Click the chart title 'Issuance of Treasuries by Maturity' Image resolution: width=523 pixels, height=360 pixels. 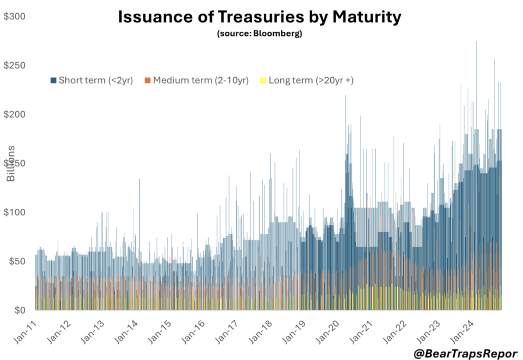coord(260,17)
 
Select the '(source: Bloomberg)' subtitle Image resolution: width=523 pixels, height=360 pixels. coord(259,34)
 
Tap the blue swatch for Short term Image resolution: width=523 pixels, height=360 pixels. coord(53,80)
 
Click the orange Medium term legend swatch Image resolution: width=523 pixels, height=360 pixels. coord(148,80)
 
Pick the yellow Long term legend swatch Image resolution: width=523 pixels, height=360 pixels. coord(263,80)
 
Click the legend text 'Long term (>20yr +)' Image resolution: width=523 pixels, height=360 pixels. coord(311,80)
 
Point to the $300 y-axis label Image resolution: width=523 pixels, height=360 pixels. coord(15,17)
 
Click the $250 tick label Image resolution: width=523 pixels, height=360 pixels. coord(15,65)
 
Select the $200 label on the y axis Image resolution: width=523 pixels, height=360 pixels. coord(15,114)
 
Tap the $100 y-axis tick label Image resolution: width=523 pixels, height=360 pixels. coord(15,212)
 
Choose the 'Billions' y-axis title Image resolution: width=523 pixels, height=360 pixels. coord(11,163)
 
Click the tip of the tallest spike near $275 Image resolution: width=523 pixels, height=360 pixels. coord(476,41)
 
